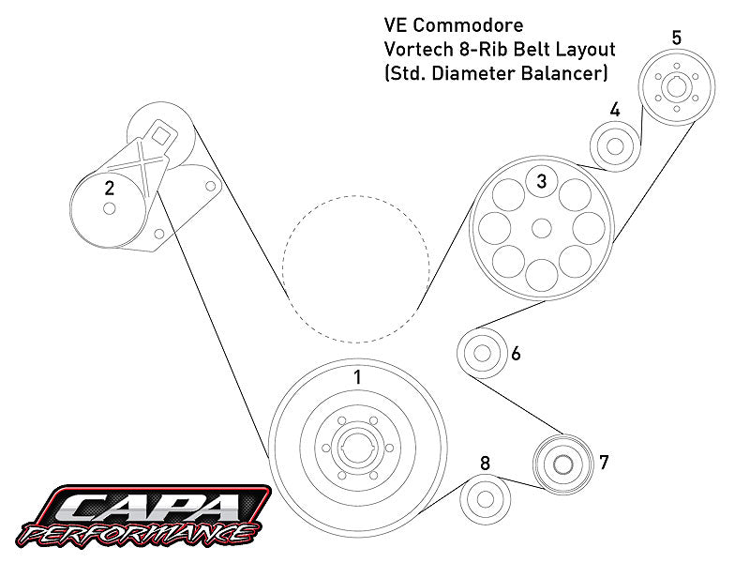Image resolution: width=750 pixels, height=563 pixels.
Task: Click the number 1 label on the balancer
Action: click(356, 377)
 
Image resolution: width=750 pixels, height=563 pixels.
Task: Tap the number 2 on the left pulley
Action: click(110, 188)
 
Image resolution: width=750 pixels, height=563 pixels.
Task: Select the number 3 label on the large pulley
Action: click(541, 182)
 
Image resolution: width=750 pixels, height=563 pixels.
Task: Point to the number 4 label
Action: click(615, 110)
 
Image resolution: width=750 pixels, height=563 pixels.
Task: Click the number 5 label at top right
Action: click(677, 38)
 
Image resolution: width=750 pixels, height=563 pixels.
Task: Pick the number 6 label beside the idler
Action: click(516, 355)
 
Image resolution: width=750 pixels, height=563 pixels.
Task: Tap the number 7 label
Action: click(604, 462)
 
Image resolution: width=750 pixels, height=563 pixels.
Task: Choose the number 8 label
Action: click(485, 464)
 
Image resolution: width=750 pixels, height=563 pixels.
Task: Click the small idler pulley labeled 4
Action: click(615, 145)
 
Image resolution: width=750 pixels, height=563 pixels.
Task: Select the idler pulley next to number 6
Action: click(482, 355)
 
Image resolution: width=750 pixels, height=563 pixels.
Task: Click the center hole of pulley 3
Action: click(541, 227)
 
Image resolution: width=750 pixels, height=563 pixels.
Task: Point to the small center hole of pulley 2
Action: click(110, 209)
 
